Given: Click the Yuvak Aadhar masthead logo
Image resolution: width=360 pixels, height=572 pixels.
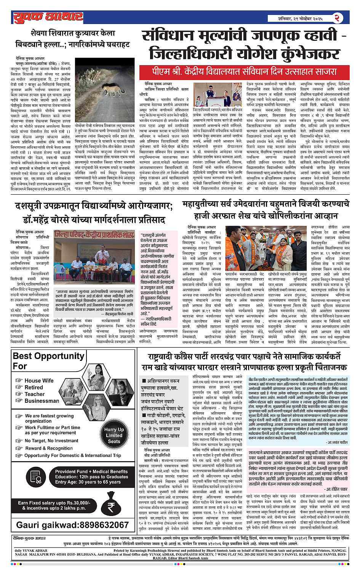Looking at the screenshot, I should click(x=48, y=17).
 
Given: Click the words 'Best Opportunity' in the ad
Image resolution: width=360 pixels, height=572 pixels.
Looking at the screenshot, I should click(x=48, y=356).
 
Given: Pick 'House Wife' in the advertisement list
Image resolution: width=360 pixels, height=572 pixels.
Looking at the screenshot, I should click(x=39, y=380).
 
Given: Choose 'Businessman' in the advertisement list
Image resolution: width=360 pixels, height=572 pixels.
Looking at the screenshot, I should click(x=42, y=401).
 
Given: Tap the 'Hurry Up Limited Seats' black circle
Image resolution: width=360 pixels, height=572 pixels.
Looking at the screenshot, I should click(x=114, y=435).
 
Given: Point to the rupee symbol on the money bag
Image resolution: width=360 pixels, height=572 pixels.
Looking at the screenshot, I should click(x=111, y=507).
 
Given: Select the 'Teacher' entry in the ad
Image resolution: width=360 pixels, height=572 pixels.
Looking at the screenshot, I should click(x=35, y=394).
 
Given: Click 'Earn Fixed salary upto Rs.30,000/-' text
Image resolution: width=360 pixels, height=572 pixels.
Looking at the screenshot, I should click(x=54, y=503).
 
